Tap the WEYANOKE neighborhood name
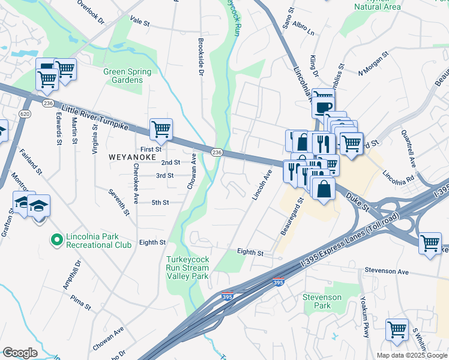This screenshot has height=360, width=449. pos(132,157)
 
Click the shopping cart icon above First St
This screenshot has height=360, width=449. pos(161,128)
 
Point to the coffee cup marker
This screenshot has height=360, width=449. pos(322,107)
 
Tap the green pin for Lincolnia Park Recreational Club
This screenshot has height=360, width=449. pos(57,240)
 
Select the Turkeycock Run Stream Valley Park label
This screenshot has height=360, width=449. pos(187,268)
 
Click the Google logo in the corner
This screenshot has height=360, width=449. pos(20,353)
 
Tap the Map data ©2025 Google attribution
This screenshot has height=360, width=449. pos(412,355)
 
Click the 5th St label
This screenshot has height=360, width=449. pos(160,203)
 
